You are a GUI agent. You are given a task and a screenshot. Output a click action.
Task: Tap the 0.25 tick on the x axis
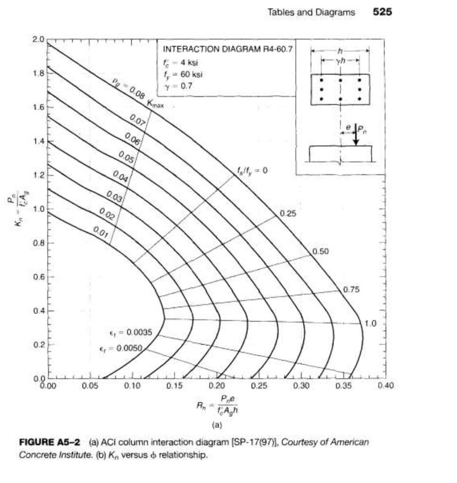(x=259, y=386)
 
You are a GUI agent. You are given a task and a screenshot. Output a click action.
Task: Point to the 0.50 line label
(x=321, y=251)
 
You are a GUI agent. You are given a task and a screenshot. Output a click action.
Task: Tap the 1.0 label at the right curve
(x=371, y=324)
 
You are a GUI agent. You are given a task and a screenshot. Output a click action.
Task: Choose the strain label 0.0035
(x=128, y=333)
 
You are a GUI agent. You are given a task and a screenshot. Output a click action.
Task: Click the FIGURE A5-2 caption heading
(x=48, y=442)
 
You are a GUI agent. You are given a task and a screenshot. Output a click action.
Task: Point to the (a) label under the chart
(x=216, y=425)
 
